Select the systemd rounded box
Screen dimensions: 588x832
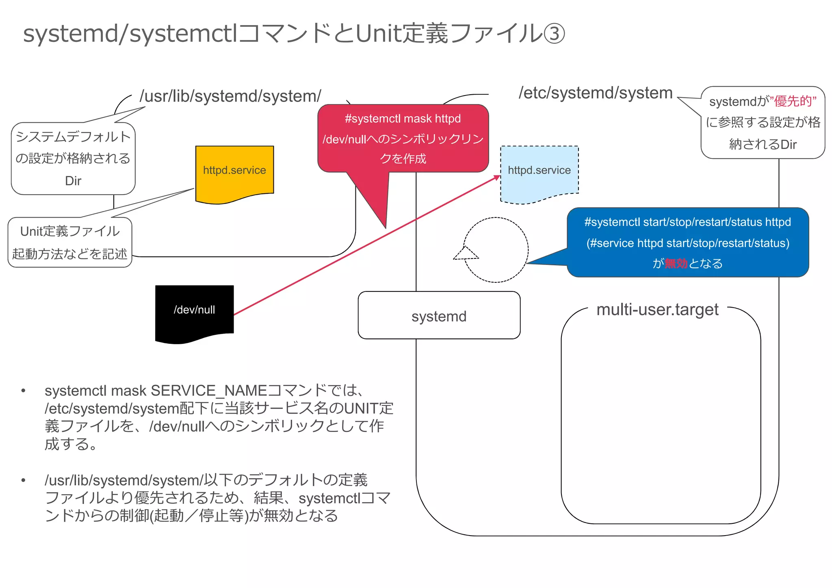[439, 316]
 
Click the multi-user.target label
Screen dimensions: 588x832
[657, 310]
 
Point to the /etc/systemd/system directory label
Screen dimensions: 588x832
[595, 93]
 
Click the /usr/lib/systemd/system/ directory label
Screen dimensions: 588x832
[230, 96]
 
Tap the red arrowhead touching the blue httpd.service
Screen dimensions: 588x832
[497, 178]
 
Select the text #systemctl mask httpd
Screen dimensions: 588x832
[403, 119]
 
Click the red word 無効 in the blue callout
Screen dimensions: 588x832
[676, 263]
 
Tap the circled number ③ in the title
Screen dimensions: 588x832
[553, 34]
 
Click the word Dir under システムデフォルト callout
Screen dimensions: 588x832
[73, 180]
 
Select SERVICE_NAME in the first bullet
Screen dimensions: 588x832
[209, 391]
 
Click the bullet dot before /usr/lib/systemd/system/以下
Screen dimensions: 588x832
[24, 480]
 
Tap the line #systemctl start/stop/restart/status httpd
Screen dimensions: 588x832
[687, 222]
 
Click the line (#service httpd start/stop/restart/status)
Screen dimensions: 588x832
[687, 243]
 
